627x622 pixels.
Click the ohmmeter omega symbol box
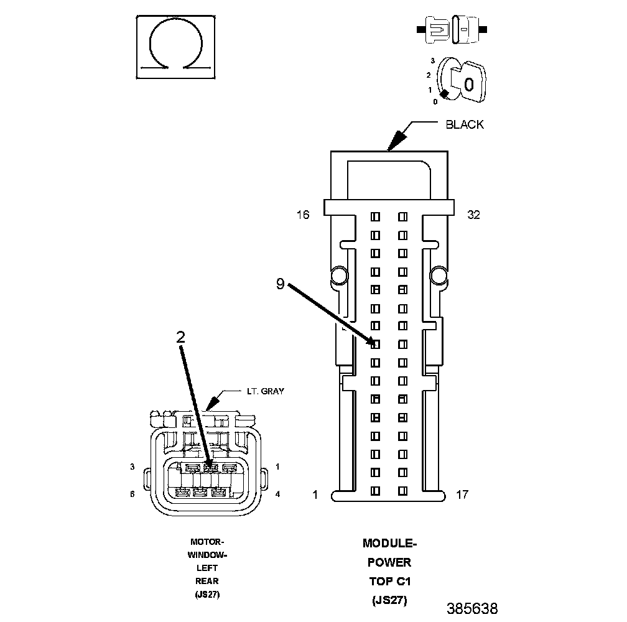176,47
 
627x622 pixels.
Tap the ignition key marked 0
469,82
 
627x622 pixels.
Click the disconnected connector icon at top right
452,29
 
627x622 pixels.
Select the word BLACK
465,124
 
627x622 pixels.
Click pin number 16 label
303,215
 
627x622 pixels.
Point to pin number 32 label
473,215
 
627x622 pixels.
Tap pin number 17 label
462,495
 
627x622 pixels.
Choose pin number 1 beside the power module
315,495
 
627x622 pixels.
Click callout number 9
281,284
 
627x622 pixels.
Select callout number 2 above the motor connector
180,337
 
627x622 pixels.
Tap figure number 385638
471,608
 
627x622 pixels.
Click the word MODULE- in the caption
389,544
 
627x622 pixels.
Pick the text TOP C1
389,582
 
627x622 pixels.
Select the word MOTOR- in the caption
207,542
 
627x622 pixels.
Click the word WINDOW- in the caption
207,555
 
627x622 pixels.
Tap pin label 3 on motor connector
132,466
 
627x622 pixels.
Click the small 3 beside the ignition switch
432,61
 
